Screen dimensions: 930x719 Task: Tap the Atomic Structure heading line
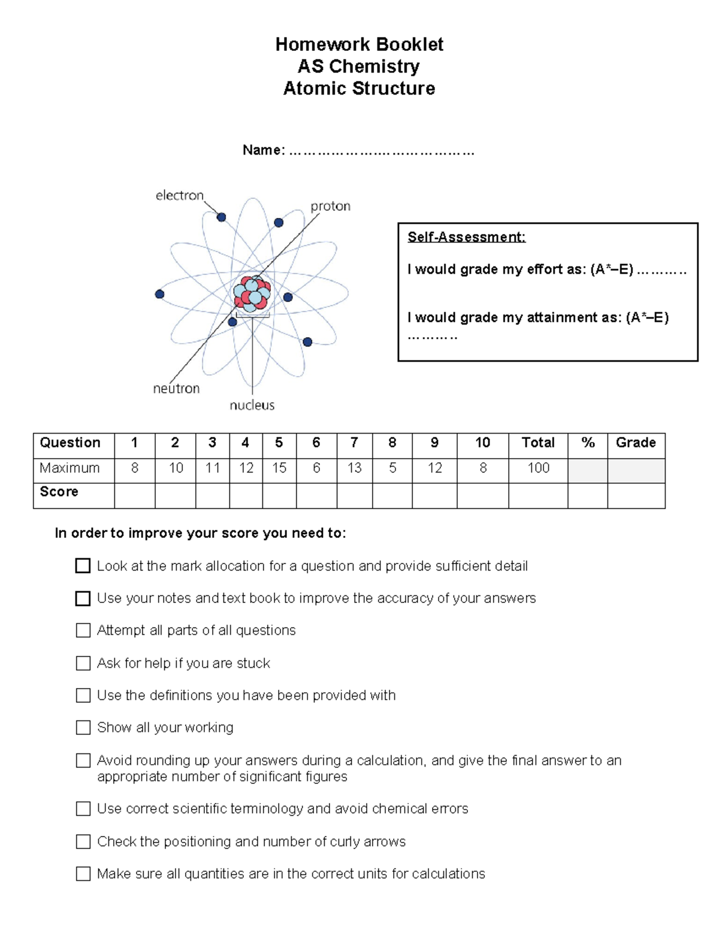(359, 89)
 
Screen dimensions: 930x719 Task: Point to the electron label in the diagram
(179, 196)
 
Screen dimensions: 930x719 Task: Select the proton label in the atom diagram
(330, 207)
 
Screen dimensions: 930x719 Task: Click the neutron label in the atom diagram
(176, 389)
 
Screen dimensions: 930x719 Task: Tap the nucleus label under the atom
(252, 405)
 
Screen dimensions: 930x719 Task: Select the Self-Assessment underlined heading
(466, 237)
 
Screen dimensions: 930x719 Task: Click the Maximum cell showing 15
(279, 468)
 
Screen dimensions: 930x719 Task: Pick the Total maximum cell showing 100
(538, 468)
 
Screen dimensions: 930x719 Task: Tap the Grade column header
(636, 443)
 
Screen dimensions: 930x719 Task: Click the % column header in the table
(587, 443)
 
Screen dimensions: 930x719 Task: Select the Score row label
(59, 492)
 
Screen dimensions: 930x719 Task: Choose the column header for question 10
(482, 443)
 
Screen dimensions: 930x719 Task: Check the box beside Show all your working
(83, 728)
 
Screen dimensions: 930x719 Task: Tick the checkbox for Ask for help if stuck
(83, 664)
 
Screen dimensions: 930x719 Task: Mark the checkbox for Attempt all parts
(83, 631)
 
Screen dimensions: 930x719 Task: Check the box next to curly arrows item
(83, 842)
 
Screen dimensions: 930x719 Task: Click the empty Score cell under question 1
(134, 496)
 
